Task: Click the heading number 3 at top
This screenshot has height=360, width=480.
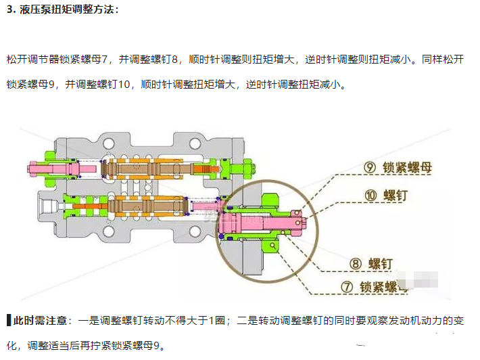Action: (x=9, y=10)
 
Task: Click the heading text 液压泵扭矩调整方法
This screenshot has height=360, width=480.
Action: (x=62, y=10)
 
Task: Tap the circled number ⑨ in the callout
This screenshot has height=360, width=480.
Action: (x=369, y=167)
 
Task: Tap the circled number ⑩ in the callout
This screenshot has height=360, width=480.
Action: (x=369, y=196)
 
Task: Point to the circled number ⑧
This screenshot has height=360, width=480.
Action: (x=356, y=263)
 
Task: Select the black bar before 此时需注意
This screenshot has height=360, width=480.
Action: (x=8, y=320)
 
